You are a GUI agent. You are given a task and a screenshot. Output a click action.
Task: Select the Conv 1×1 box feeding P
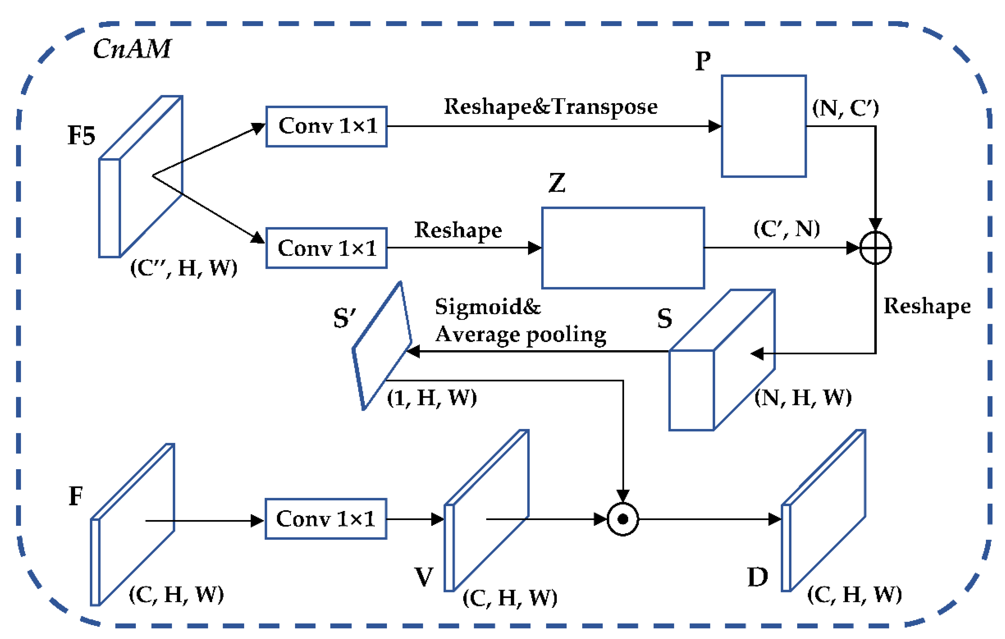click(x=326, y=127)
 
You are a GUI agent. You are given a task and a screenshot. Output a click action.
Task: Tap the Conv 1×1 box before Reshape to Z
click(x=326, y=248)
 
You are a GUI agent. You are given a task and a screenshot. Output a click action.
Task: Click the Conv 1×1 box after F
click(x=326, y=519)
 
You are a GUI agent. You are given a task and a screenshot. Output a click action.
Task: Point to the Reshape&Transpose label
click(x=551, y=107)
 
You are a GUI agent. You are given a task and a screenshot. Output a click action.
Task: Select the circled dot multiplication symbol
click(x=623, y=519)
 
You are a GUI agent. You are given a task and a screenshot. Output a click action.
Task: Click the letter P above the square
click(x=703, y=61)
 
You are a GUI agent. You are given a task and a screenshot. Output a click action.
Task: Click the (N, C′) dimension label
click(x=846, y=108)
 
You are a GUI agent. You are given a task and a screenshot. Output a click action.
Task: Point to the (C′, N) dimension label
click(x=787, y=229)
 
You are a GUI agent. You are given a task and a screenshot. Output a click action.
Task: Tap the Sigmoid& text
click(x=487, y=307)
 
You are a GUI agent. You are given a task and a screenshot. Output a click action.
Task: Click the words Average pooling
click(x=520, y=334)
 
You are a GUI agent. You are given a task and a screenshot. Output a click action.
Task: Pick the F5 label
click(x=81, y=136)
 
